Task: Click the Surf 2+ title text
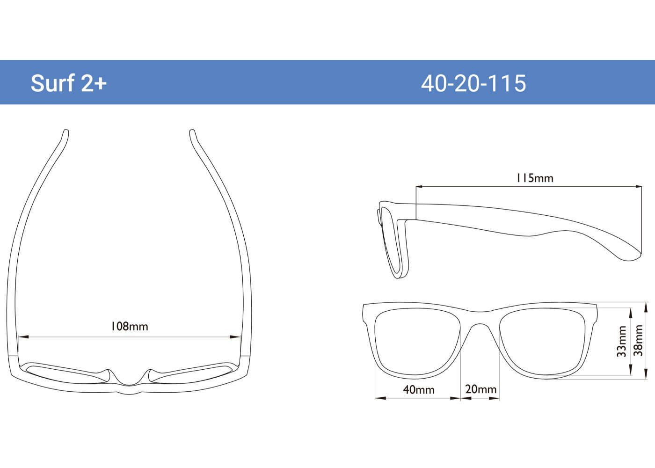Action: tap(69, 83)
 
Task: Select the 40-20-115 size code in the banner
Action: tap(473, 83)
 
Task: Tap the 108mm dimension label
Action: tap(129, 326)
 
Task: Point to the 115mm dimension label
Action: tap(534, 178)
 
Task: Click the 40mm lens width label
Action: tap(419, 389)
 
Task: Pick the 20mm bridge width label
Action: tap(480, 389)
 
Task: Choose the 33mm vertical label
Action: tap(621, 342)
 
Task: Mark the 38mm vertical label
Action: tap(639, 340)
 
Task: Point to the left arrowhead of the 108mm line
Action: tap(21, 336)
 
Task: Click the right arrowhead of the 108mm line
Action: tap(237, 336)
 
